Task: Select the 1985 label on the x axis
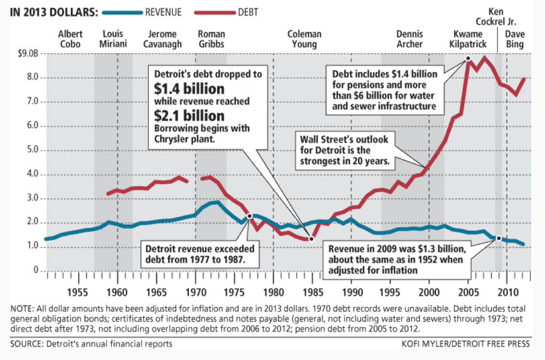[x=312, y=293]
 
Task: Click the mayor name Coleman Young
[x=304, y=39]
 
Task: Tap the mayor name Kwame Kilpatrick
[x=468, y=39]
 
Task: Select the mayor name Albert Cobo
[x=70, y=39]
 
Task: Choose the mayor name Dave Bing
[x=514, y=39]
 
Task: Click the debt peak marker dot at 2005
[x=468, y=58]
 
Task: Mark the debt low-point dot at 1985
[x=312, y=239]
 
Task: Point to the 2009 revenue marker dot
[x=498, y=238]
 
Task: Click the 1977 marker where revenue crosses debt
[x=249, y=216]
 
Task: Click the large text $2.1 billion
[x=189, y=115]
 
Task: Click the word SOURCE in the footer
[x=27, y=344]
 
